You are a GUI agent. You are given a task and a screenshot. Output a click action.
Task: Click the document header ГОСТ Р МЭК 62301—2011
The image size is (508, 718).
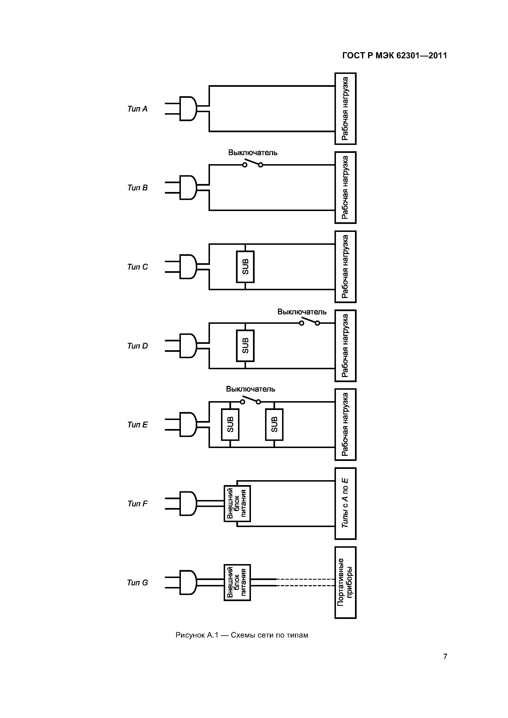click(x=395, y=56)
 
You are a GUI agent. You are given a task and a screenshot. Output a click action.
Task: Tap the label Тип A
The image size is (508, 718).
click(x=137, y=109)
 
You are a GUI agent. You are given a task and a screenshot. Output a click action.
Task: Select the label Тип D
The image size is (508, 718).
click(x=137, y=346)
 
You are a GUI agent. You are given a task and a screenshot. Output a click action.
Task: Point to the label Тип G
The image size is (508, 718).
click(x=137, y=583)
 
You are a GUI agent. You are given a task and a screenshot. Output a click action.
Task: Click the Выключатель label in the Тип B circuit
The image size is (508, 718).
click(x=253, y=153)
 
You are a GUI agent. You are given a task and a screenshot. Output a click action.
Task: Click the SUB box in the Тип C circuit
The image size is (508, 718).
click(x=245, y=267)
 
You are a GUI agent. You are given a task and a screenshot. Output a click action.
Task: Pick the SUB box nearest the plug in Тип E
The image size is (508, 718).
click(x=230, y=425)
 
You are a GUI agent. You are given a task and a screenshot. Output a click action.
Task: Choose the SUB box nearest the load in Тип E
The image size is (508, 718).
click(x=274, y=425)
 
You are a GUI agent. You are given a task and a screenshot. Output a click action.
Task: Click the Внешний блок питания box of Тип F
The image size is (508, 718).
click(x=237, y=504)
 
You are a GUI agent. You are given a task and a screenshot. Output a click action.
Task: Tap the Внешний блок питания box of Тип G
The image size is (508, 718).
click(x=237, y=583)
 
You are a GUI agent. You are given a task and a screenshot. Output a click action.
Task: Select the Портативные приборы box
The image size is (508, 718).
click(x=346, y=583)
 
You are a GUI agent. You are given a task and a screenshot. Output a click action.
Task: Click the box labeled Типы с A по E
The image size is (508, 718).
click(x=346, y=504)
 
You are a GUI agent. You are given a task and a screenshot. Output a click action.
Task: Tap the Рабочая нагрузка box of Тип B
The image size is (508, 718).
click(x=346, y=188)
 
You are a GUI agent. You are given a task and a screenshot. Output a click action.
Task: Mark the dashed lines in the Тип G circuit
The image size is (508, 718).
click(x=305, y=582)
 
